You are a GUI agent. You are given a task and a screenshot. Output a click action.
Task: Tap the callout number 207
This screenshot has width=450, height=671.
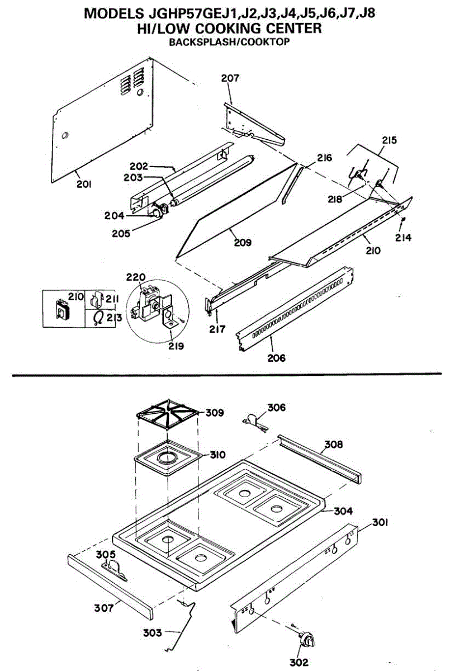click(x=230, y=78)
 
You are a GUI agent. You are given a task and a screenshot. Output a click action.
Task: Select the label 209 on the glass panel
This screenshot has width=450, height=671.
click(x=243, y=243)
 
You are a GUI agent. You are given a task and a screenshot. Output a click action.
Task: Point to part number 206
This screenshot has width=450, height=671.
click(x=276, y=357)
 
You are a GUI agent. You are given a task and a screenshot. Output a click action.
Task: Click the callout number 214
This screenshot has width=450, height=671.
click(x=403, y=238)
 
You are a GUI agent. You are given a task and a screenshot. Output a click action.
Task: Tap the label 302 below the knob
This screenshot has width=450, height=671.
click(x=299, y=662)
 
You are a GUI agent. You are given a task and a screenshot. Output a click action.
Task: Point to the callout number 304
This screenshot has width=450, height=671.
click(x=343, y=511)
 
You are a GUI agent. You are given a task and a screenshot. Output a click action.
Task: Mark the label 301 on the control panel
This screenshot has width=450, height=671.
click(x=380, y=523)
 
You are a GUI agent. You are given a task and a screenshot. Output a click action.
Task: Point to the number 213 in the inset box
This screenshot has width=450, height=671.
click(x=113, y=318)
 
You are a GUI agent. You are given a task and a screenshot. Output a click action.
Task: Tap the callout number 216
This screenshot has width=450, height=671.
click(x=324, y=158)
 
